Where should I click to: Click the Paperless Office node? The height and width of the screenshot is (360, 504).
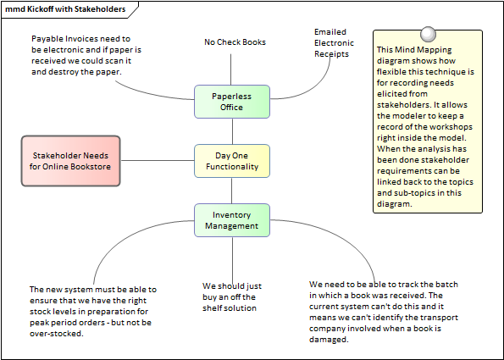(232, 102)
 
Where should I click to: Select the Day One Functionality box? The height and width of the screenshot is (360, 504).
(232, 161)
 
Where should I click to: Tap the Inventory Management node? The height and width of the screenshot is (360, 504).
(232, 220)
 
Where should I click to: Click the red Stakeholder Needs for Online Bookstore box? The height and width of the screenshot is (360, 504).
(70, 161)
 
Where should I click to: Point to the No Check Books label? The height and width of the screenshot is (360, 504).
(235, 42)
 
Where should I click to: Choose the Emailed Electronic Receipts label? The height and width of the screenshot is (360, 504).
(334, 42)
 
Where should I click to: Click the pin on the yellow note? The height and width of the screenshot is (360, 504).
(428, 34)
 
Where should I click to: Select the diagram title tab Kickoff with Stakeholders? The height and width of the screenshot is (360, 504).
(65, 9)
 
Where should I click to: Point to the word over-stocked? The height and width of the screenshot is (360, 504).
(57, 334)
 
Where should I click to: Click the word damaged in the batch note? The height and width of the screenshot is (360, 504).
(329, 340)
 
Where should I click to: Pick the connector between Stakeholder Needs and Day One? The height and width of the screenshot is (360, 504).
(158, 160)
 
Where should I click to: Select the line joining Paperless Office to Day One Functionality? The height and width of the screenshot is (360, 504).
(232, 131)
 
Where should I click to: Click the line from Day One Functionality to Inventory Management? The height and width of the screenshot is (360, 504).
(232, 191)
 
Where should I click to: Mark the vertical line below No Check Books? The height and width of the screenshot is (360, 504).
(230, 69)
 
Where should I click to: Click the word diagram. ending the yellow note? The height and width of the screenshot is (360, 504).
(395, 204)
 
